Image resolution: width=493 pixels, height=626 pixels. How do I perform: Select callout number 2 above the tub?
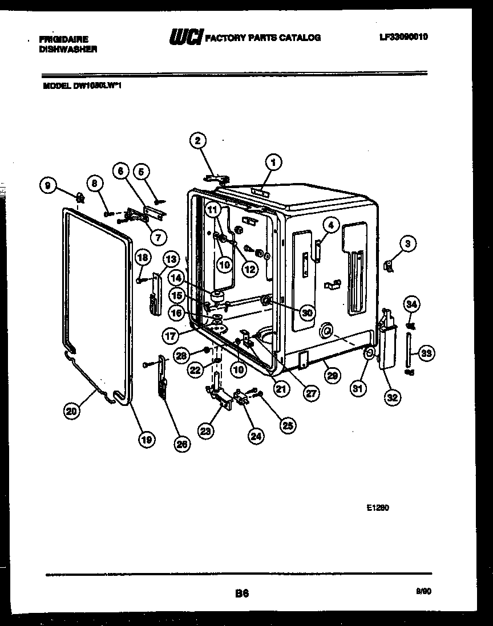[x=198, y=141]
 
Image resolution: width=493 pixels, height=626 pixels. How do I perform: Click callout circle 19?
[x=146, y=439]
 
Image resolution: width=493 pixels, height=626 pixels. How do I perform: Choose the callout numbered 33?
[x=425, y=353]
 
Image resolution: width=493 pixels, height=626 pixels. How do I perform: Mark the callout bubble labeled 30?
[x=308, y=312]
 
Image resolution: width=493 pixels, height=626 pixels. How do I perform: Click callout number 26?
[x=181, y=446]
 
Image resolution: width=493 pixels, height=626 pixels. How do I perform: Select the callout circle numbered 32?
[x=391, y=397]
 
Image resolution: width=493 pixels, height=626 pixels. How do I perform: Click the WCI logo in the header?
[x=185, y=38]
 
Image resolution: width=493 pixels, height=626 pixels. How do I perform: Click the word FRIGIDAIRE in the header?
[x=63, y=39]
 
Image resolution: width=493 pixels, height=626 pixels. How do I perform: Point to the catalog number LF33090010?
[x=403, y=37]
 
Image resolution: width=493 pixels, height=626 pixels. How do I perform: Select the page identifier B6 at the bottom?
[x=242, y=594]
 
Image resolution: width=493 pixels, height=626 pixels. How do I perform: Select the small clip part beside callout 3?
[x=389, y=265]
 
